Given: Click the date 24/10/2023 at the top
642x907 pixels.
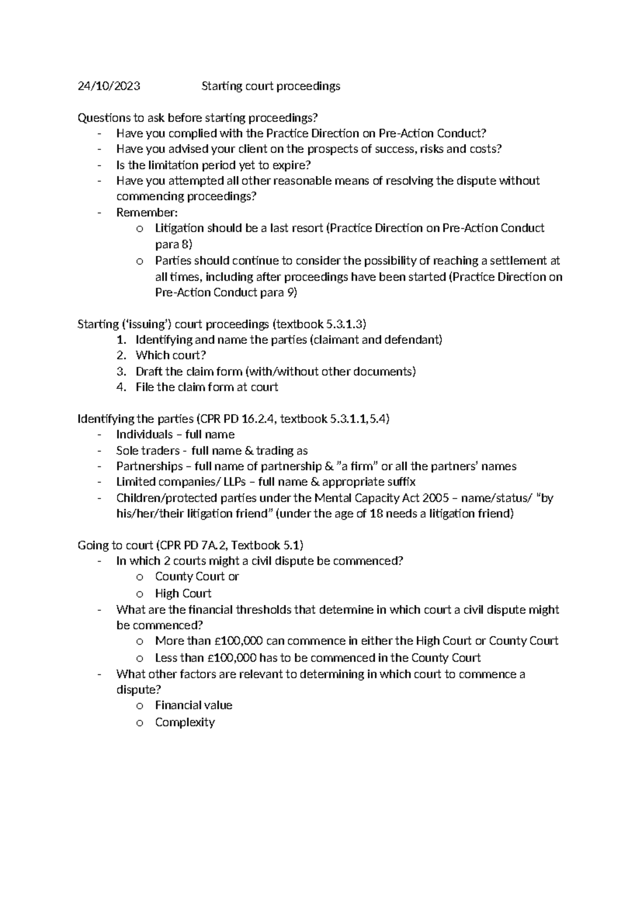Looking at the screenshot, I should pos(109,86).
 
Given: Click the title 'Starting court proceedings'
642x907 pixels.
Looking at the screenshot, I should pos(270,86).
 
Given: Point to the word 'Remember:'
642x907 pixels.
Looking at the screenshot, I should pos(147,212).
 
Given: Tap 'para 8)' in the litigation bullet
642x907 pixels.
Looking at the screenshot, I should pos(173,244).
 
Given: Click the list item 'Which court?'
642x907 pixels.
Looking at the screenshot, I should pos(171,355).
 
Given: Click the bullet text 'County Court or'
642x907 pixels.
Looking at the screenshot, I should pos(197,577).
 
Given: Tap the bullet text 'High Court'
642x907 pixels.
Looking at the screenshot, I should pos(183,593).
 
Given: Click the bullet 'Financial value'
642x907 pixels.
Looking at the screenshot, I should pos(194,705).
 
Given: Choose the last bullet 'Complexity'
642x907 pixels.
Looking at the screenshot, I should pos(185,722).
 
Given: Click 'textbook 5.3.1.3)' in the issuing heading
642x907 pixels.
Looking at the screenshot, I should pos(321,324).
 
